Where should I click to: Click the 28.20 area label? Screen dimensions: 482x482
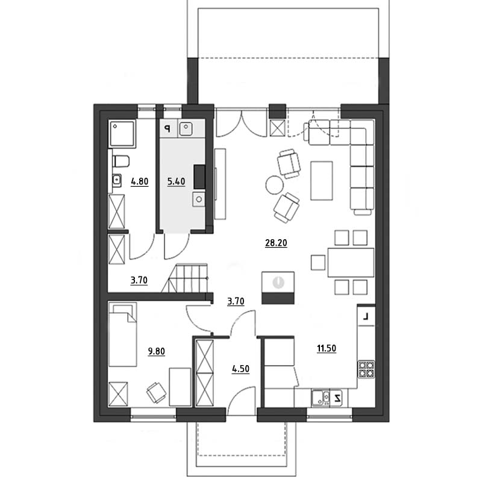(x=276, y=243)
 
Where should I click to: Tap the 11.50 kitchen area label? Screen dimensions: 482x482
(x=327, y=348)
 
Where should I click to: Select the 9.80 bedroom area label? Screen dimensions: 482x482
(x=157, y=351)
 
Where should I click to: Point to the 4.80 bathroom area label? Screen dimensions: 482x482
(x=140, y=181)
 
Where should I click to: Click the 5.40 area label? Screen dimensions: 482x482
(x=176, y=181)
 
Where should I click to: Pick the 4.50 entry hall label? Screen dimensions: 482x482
(x=240, y=369)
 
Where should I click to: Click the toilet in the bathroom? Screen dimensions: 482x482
(x=121, y=161)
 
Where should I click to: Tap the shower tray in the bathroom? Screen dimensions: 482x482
(x=122, y=133)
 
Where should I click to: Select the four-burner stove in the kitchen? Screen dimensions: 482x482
(x=366, y=369)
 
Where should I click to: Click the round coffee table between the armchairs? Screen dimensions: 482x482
(x=275, y=185)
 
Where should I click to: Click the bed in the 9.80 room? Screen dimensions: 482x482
(x=123, y=334)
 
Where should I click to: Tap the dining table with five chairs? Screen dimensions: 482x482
(x=351, y=263)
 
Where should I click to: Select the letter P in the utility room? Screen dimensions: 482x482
(x=167, y=128)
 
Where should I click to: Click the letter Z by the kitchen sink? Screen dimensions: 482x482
(x=337, y=398)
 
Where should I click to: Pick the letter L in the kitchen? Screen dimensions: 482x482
(x=366, y=316)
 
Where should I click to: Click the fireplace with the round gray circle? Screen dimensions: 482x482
(x=278, y=288)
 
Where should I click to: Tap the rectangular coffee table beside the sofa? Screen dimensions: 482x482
(x=322, y=181)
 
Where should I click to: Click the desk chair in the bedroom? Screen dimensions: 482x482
(x=156, y=393)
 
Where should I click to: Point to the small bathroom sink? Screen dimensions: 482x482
(x=116, y=180)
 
